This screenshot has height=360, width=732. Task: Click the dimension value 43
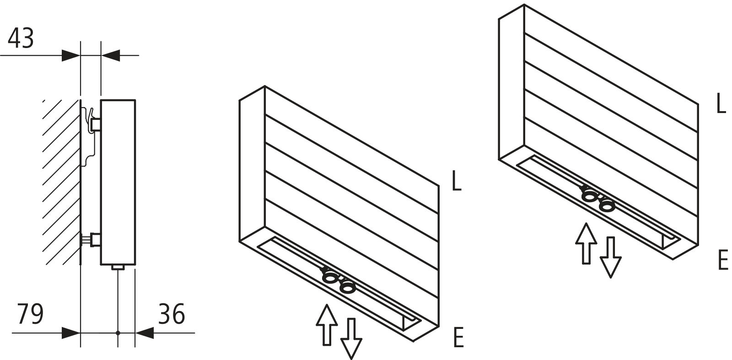pyautogui.click(x=21, y=38)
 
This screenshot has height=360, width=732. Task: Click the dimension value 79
pyautogui.click(x=30, y=314)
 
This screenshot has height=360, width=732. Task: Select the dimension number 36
pyautogui.click(x=172, y=314)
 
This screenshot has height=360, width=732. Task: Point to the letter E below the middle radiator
pyautogui.click(x=458, y=337)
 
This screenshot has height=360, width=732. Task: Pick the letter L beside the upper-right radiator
pyautogui.click(x=721, y=103)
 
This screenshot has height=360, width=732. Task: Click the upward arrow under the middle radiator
pyautogui.click(x=327, y=325)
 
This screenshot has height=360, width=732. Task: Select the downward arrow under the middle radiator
pyautogui.click(x=351, y=339)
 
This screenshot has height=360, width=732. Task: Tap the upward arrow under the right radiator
pyautogui.click(x=586, y=243)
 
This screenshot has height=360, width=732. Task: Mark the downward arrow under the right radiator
pyautogui.click(x=610, y=258)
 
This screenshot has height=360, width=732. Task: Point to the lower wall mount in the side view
pyautogui.click(x=91, y=240)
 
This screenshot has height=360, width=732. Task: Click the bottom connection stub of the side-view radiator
pyautogui.click(x=118, y=268)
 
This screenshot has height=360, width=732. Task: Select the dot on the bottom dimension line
pyautogui.click(x=118, y=333)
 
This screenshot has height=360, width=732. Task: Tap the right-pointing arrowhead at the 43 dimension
pyautogui.click(x=71, y=55)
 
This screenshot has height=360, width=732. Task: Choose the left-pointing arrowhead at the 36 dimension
pyautogui.click(x=144, y=333)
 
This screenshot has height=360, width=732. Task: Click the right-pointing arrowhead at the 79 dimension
pyautogui.click(x=71, y=333)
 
